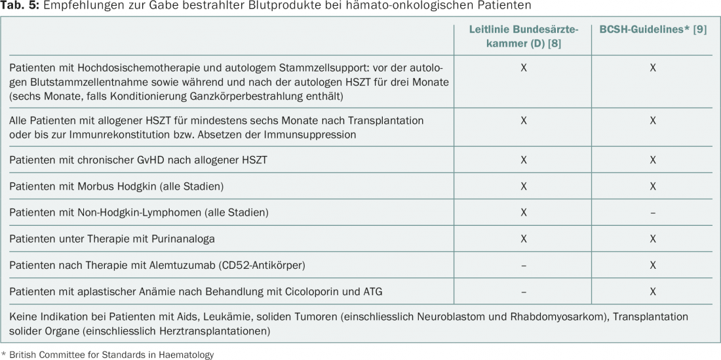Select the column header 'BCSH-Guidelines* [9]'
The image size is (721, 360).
coord(653,30)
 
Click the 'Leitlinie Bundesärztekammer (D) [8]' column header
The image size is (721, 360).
coord(523,37)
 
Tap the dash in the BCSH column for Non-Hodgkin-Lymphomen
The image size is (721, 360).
coord(653,212)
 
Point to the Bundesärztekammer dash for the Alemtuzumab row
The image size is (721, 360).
coord(523,265)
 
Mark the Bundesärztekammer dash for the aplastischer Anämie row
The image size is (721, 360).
coord(523,291)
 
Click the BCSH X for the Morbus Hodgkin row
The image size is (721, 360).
coord(653,186)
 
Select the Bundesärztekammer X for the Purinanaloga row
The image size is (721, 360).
coord(523,239)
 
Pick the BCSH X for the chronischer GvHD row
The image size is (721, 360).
coord(653,160)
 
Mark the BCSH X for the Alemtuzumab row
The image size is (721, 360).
coord(653,265)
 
